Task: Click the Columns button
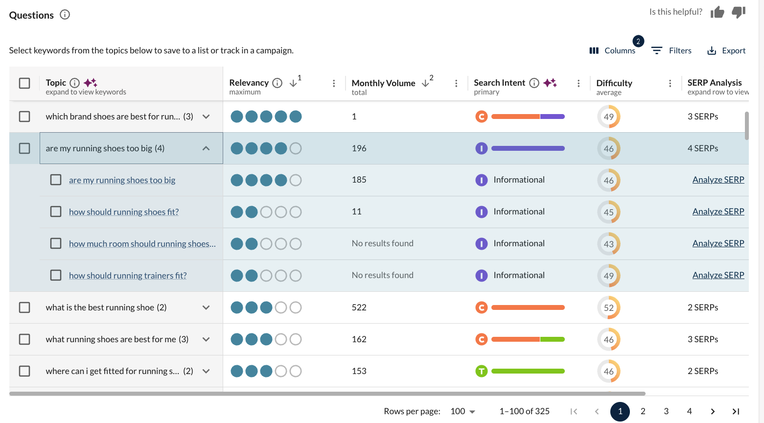coord(612,50)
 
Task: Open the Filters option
coord(671,50)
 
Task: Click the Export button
coord(726,50)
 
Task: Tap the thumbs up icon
coord(717,12)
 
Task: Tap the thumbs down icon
coord(739,12)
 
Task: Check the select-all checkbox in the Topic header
coord(24,83)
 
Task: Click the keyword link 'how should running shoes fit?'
coord(124,212)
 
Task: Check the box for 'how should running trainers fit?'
coord(56,275)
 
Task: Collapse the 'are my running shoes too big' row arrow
coord(206,148)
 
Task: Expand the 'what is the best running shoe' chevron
coord(206,307)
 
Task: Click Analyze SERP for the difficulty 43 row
coord(718,243)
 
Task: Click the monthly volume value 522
coord(359,307)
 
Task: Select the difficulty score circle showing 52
coord(608,307)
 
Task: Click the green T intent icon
coord(482,371)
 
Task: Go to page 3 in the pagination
coord(666,411)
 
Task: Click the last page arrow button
coord(736,411)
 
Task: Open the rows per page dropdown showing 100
coord(463,411)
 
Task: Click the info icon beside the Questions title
coord(65,15)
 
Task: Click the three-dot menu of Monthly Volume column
coord(456,83)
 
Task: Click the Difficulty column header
coord(614,83)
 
